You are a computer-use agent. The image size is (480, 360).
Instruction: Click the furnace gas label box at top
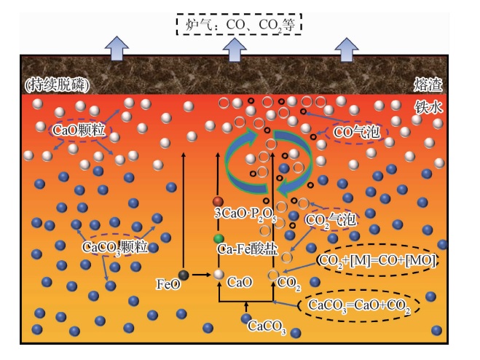click(x=239, y=24)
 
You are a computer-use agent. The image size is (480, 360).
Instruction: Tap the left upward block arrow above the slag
click(x=117, y=48)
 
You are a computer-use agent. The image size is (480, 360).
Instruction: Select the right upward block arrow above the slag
click(x=346, y=50)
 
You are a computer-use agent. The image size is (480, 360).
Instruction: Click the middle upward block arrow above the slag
click(x=235, y=50)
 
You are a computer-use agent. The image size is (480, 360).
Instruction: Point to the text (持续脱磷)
click(x=58, y=85)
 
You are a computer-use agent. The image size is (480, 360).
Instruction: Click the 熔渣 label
click(x=428, y=85)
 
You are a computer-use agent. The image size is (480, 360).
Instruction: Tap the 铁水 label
click(x=428, y=107)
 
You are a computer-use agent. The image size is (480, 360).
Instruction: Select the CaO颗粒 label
click(x=79, y=130)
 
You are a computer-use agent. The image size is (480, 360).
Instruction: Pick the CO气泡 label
click(x=357, y=132)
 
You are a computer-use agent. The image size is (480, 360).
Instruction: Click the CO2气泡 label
click(x=330, y=220)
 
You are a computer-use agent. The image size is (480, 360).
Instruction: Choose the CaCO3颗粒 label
click(x=115, y=247)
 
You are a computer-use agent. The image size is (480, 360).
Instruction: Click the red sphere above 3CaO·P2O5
click(x=218, y=202)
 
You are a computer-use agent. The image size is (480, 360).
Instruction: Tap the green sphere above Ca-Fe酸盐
click(x=219, y=239)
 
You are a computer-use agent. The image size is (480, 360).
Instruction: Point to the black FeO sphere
click(x=184, y=275)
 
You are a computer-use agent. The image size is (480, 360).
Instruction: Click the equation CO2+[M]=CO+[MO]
click(x=377, y=260)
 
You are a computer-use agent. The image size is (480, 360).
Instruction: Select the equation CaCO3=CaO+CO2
click(x=359, y=305)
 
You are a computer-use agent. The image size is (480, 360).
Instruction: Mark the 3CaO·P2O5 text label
click(x=245, y=214)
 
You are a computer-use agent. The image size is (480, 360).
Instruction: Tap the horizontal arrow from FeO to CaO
click(x=202, y=275)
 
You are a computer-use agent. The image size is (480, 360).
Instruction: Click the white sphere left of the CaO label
click(x=219, y=275)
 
